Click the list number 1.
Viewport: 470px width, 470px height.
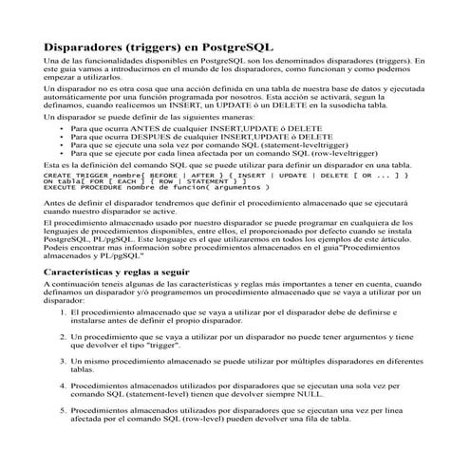tap(63, 311)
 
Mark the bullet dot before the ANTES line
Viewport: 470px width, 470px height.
tap(61, 125)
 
